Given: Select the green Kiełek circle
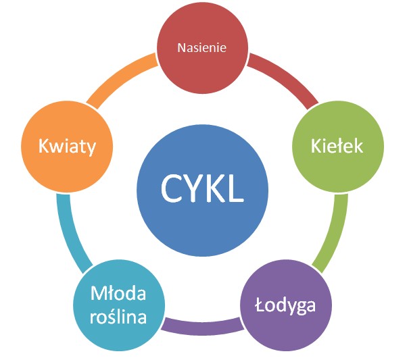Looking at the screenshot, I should tap(337, 145).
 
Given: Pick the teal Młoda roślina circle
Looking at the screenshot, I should tap(119, 305).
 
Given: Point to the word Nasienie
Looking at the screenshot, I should tap(201, 48).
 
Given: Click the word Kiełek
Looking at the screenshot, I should tap(337, 145).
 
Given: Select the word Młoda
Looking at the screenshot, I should tap(118, 294).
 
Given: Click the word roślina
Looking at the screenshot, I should tap(119, 315).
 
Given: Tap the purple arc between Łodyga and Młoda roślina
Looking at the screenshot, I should tap(201, 327).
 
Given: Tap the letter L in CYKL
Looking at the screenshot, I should tap(234, 188).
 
